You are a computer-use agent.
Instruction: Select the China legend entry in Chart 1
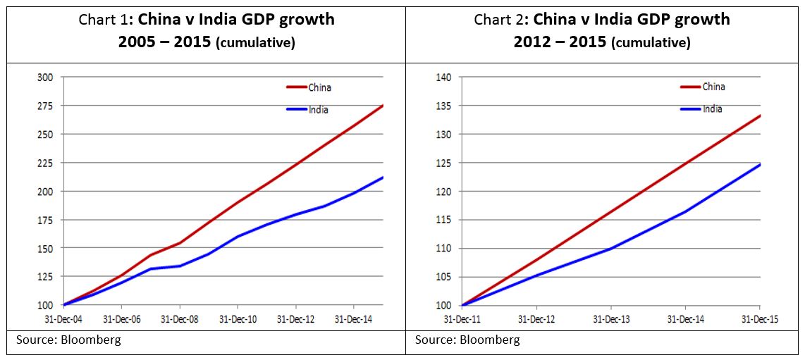(319, 87)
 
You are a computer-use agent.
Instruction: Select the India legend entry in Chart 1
(318, 110)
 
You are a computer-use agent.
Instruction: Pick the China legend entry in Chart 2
(713, 87)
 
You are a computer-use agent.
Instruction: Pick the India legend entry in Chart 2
(713, 109)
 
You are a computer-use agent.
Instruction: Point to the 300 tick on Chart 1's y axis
(44, 77)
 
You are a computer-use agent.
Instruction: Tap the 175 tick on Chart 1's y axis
(44, 220)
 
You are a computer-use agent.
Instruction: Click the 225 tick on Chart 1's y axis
(44, 163)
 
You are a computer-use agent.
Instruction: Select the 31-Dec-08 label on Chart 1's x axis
(180, 319)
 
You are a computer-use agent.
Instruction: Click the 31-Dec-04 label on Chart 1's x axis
(63, 319)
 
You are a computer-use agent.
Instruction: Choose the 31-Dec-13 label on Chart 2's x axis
(610, 319)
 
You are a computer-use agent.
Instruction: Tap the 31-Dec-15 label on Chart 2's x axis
(760, 319)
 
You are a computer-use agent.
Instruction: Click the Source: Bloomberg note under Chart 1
(68, 340)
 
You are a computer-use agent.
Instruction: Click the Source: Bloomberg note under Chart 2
(467, 340)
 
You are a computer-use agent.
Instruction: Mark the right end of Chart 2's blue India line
(760, 164)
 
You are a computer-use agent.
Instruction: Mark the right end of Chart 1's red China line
(383, 106)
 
